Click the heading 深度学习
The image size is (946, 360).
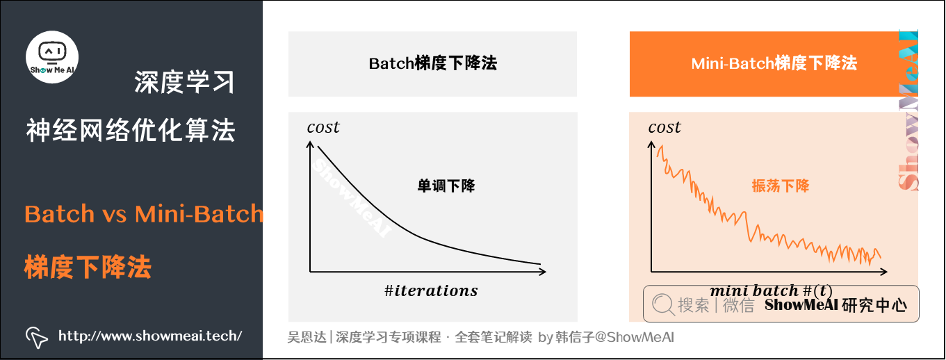pos(184,83)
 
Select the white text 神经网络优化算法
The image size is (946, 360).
pos(131,130)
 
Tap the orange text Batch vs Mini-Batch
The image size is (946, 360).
pos(144,213)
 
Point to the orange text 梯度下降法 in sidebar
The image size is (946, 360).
pos(88,267)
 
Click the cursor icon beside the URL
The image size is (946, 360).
pos(37,337)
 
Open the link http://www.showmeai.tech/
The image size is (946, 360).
pos(150,336)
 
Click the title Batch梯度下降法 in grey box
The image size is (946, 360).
pos(432,64)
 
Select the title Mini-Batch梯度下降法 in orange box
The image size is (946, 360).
pos(774,64)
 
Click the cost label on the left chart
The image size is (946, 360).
pos(323,127)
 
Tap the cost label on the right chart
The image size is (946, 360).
pos(664,127)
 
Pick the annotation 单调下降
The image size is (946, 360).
pos(446,186)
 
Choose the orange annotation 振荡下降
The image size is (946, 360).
pos(781,186)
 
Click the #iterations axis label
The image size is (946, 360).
pos(431,291)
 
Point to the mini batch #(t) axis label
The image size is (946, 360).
pos(771,291)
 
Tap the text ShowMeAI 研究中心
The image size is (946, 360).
pos(835,305)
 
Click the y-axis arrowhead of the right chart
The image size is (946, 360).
pos(651,142)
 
